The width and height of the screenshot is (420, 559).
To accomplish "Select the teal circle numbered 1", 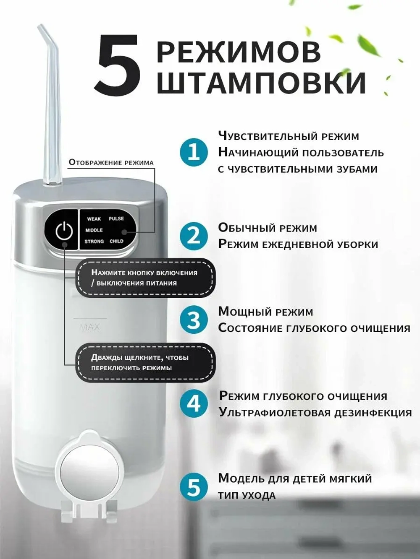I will tap(194, 152).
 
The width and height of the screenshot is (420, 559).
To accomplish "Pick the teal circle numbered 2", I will tap(194, 236).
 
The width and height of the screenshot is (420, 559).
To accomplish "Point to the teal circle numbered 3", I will tap(194, 320).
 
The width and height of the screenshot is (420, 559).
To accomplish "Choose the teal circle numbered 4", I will tap(194, 404).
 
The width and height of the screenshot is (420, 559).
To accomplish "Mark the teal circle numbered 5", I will tap(194, 487).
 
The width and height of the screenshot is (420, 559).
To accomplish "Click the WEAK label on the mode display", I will tap(94, 219).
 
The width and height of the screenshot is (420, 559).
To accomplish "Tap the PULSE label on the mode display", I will tap(116, 218).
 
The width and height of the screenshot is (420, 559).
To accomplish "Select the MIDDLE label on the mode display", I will tap(94, 230).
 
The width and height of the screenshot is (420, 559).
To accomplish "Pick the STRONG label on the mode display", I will tap(94, 242).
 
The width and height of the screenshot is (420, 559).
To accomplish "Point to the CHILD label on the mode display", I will tap(116, 242).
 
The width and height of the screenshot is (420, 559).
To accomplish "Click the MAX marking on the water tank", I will tap(89, 327).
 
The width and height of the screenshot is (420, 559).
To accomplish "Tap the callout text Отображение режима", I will tap(111, 163).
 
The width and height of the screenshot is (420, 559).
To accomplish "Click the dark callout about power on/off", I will tap(144, 278).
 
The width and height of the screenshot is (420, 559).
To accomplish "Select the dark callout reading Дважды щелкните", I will tap(144, 363).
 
